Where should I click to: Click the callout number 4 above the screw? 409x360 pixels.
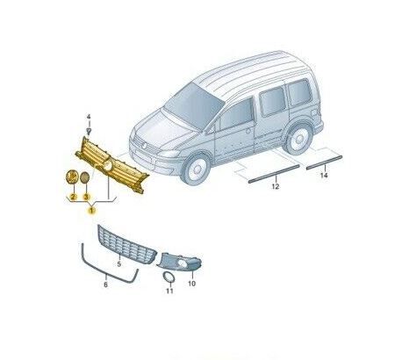click(x=89, y=117)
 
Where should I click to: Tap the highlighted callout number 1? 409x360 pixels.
click(x=92, y=210)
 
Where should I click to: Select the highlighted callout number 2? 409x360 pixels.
click(x=73, y=198)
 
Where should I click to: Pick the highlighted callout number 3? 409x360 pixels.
click(x=86, y=198)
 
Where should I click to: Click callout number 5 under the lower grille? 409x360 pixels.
click(x=118, y=264)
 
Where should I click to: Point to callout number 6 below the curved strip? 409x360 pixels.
click(x=105, y=284)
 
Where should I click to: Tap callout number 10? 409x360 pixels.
click(x=191, y=284)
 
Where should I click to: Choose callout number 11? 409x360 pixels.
click(x=169, y=291)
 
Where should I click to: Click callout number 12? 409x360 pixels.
click(x=276, y=186)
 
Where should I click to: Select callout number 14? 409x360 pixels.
click(x=324, y=176)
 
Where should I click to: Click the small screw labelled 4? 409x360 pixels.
click(x=89, y=131)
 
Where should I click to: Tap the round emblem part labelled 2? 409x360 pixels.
click(x=72, y=176)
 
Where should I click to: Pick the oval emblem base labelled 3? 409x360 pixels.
click(x=84, y=177)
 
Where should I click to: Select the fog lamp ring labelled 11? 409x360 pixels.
click(x=169, y=277)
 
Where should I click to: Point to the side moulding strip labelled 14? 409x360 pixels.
click(x=325, y=162)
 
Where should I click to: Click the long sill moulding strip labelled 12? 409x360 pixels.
click(x=274, y=174)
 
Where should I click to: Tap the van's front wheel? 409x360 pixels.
click(x=196, y=169)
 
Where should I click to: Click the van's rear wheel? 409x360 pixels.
click(x=298, y=140)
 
